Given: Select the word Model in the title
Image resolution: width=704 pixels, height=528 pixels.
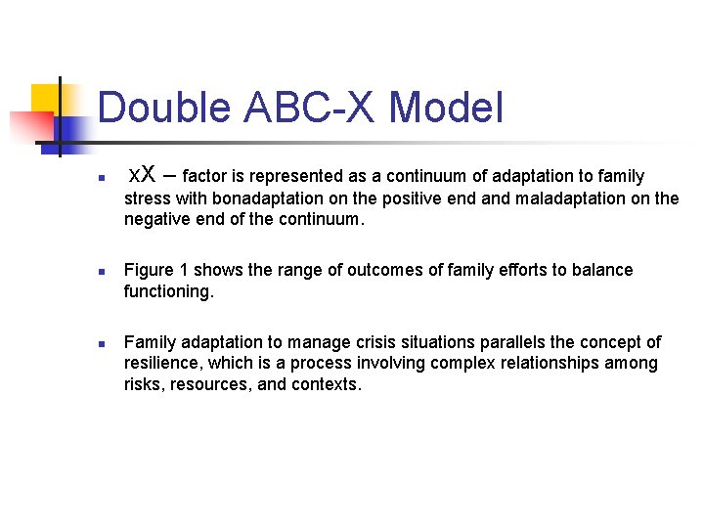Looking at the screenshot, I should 446,108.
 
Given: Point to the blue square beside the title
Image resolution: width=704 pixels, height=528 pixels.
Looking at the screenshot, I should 71,131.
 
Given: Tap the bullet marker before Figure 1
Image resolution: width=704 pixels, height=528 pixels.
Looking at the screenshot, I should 88,271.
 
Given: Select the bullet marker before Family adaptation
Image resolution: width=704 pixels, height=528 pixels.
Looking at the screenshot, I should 88,343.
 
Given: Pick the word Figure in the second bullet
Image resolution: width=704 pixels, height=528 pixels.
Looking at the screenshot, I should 148,270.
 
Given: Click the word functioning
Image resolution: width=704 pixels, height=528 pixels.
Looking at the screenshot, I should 168,291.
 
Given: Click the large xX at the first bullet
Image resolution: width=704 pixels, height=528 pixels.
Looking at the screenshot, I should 142,176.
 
